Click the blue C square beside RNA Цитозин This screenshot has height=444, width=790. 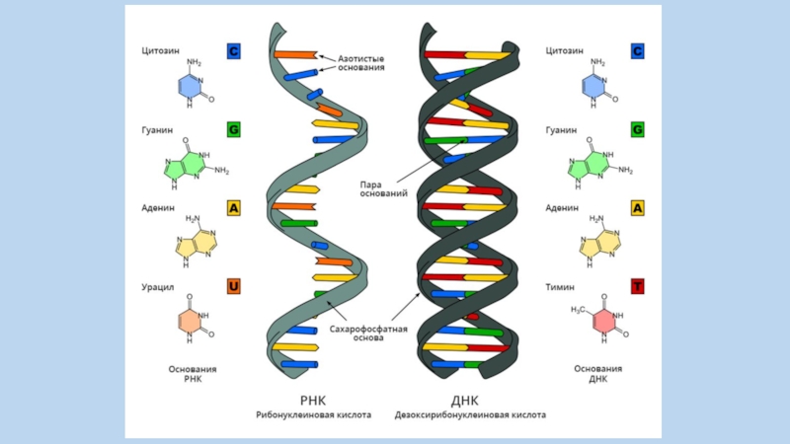click(x=234, y=50)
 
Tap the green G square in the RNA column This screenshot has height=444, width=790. click(x=234, y=129)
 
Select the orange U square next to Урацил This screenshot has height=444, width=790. click(x=234, y=287)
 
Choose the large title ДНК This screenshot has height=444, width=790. click(x=464, y=400)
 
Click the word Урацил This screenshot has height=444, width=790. click(x=160, y=287)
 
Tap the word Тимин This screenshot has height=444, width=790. click(x=561, y=287)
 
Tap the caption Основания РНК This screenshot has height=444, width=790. click(x=193, y=374)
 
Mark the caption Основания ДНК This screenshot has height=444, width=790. click(x=597, y=374)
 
